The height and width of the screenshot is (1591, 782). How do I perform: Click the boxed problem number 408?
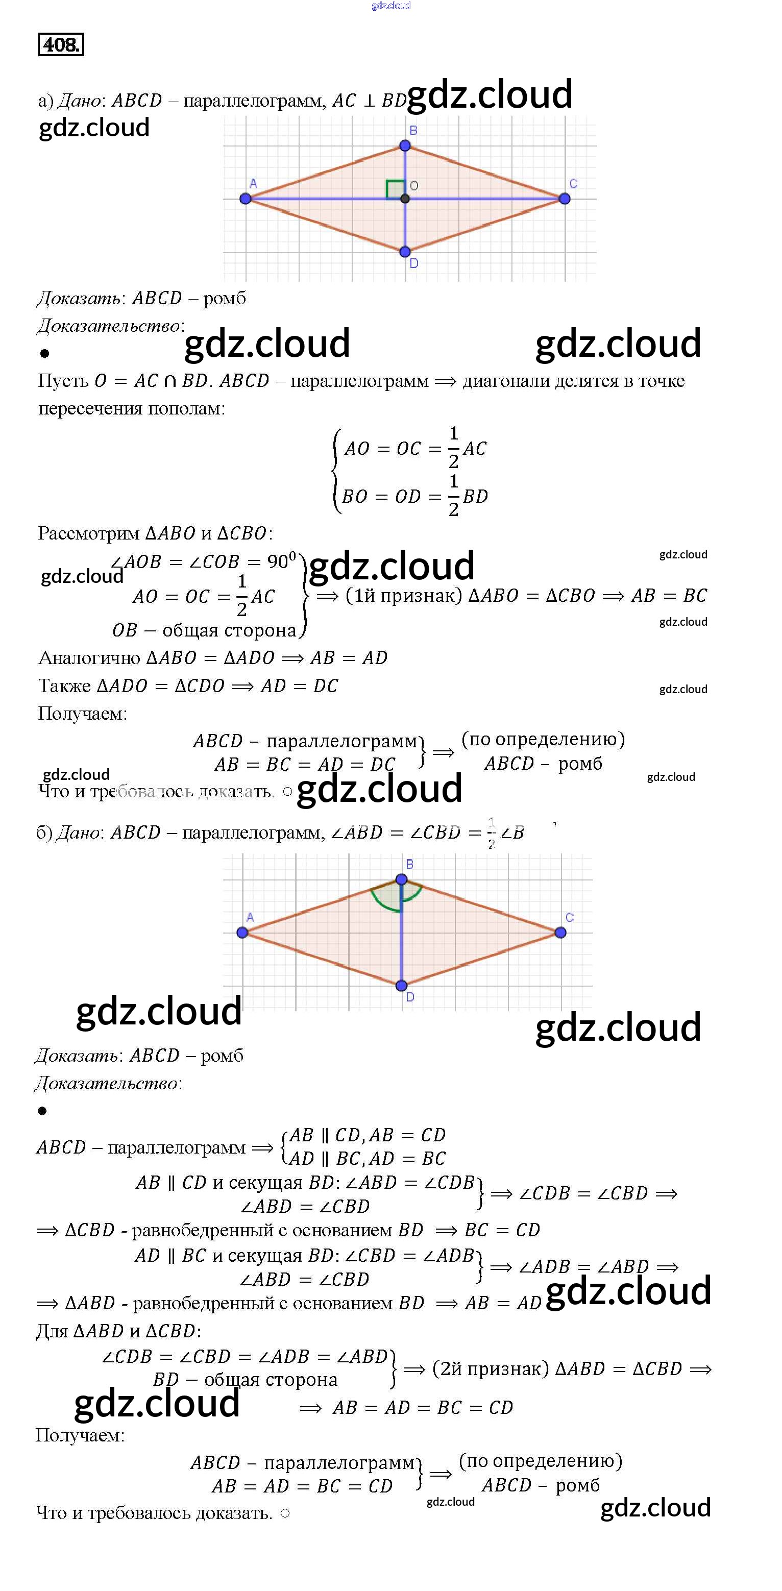(x=61, y=44)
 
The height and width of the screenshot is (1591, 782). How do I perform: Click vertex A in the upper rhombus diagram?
(x=245, y=199)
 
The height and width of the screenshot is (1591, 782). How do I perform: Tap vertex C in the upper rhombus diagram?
(x=564, y=199)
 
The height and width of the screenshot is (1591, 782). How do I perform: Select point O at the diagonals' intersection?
(x=405, y=199)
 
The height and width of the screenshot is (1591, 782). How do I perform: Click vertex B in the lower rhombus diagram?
(x=402, y=879)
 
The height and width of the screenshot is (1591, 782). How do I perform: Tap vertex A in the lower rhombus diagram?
(x=242, y=933)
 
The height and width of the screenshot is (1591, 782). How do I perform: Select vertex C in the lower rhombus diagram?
(x=560, y=933)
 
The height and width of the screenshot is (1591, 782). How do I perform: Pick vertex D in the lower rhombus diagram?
(x=402, y=985)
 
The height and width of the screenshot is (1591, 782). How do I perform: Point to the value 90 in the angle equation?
(x=278, y=562)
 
